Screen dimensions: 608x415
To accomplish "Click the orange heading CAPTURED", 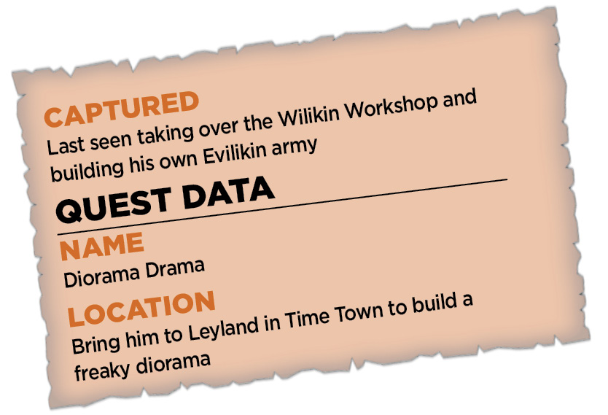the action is click(121, 109).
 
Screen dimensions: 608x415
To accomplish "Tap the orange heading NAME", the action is click(101, 246).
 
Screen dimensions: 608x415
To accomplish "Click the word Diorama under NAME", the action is click(101, 274).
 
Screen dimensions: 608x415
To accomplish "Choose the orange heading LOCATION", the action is click(141, 309).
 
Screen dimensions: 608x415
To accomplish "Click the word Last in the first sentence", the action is click(66, 146).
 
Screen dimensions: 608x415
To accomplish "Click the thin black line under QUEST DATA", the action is click(282, 207).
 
